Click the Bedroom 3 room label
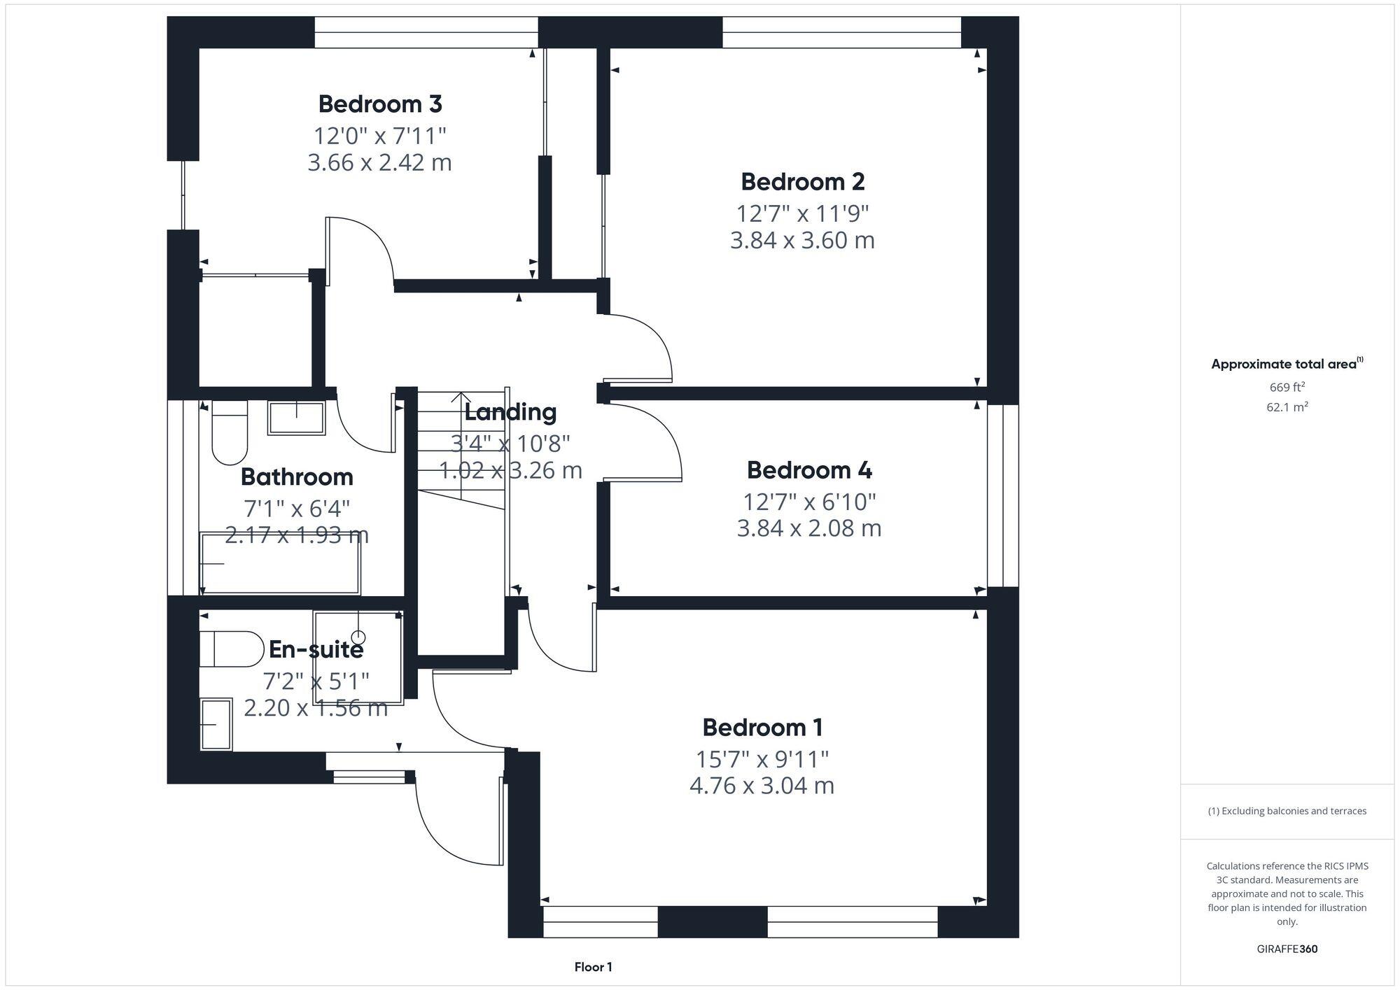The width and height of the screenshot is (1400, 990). click(379, 104)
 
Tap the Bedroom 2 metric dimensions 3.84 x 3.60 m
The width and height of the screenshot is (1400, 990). click(802, 241)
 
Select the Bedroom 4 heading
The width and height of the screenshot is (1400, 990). click(809, 470)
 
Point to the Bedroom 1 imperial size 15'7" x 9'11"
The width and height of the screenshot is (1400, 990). click(762, 758)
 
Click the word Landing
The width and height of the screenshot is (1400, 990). click(510, 412)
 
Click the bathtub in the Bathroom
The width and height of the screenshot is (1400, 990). click(281, 564)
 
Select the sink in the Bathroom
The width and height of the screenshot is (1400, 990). click(296, 417)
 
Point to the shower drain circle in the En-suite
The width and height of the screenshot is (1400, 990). click(358, 637)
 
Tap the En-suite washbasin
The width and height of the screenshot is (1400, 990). click(216, 725)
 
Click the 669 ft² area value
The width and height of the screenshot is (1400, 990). click(1287, 387)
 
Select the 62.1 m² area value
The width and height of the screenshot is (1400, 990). click(1287, 407)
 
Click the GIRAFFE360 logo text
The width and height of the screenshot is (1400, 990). click(1287, 949)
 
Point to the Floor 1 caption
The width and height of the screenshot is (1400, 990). click(593, 968)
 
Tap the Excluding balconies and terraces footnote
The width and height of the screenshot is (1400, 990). click(1287, 812)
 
